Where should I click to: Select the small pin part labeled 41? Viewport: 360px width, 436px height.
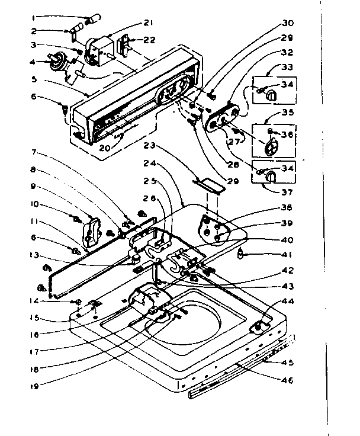point(241,255)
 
